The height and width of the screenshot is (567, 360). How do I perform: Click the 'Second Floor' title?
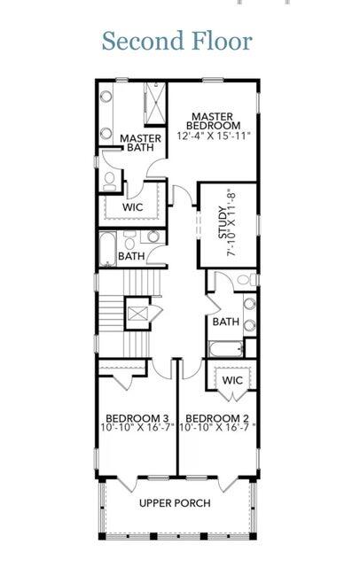coord(176,41)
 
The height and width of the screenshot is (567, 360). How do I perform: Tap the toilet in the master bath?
coord(109,182)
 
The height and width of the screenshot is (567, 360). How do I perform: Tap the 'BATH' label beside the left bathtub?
coord(132,257)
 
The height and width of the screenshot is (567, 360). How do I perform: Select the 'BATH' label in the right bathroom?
coord(224,322)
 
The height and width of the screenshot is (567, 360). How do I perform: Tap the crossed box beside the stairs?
coord(138,312)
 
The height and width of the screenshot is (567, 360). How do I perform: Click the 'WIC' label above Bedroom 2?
coord(231,380)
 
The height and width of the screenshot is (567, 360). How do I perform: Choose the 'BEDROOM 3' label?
coord(137,418)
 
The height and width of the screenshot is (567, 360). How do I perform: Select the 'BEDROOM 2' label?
coord(216,418)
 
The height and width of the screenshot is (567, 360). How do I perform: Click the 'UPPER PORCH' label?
coord(175,503)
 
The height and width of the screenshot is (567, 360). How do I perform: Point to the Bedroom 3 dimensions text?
coord(137,429)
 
